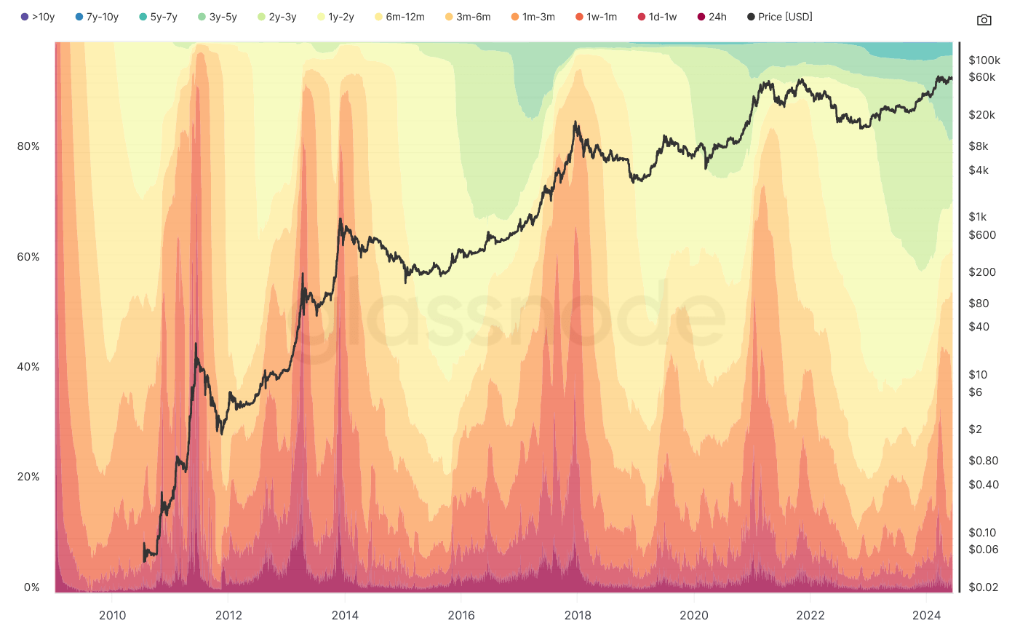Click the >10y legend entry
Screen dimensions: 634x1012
click(38, 17)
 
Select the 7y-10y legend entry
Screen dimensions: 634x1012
click(97, 17)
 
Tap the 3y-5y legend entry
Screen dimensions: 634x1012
click(217, 17)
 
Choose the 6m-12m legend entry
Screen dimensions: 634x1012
click(399, 17)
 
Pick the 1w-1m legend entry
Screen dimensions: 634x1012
click(596, 17)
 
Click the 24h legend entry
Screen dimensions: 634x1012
click(712, 17)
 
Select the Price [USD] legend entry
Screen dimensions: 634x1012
click(779, 17)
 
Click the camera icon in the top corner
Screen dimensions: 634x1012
click(984, 20)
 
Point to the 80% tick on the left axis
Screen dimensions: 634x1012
click(28, 146)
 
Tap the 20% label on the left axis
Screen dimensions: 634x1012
click(28, 477)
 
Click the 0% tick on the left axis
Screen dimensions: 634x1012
click(31, 587)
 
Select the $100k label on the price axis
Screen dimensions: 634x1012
click(984, 60)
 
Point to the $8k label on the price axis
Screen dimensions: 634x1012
click(979, 146)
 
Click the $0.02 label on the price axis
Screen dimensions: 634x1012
click(983, 587)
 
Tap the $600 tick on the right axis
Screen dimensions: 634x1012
click(982, 235)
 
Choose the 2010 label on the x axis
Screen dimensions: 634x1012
click(112, 615)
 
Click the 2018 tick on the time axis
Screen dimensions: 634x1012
click(578, 615)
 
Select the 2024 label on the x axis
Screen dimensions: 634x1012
click(927, 615)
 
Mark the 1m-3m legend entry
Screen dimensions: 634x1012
click(533, 17)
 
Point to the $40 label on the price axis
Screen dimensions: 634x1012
click(979, 327)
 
